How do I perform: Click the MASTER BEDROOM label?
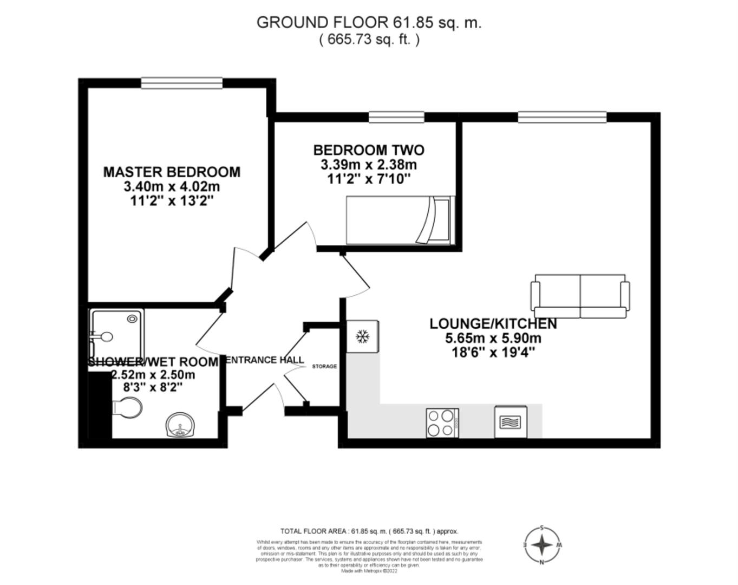point(172,172)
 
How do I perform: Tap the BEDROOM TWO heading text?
point(369,150)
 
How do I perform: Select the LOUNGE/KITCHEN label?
point(493,324)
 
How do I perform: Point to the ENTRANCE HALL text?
point(264,360)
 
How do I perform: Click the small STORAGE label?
point(324,367)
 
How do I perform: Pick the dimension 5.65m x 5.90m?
point(493,339)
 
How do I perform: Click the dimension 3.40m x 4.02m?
point(172,187)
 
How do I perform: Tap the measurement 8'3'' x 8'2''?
point(153,388)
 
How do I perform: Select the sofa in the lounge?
point(580,296)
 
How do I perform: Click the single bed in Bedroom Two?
point(399,220)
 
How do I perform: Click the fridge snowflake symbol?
point(362,337)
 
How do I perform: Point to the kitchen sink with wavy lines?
point(510,422)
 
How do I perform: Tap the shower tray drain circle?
point(132,320)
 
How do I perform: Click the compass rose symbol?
point(541,544)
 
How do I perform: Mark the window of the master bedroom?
point(181,83)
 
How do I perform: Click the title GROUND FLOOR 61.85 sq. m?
point(369,22)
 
